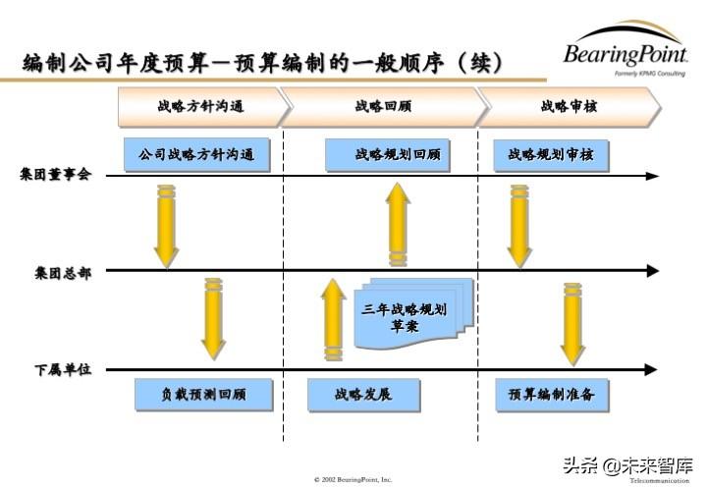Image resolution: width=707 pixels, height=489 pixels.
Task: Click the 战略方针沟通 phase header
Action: [x=200, y=106]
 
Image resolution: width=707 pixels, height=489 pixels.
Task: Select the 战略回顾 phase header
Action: [x=384, y=106]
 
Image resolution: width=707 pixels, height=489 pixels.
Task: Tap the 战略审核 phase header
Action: [x=569, y=106]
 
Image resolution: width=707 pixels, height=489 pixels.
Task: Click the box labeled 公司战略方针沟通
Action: [x=197, y=155]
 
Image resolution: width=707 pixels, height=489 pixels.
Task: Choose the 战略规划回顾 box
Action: [x=398, y=155]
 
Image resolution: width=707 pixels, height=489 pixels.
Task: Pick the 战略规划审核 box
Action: [x=551, y=155]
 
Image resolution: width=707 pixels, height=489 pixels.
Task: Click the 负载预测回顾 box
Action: [x=203, y=395]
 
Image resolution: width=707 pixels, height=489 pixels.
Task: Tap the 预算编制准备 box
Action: [x=552, y=395]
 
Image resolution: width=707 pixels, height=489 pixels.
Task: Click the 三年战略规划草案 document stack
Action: [x=405, y=317]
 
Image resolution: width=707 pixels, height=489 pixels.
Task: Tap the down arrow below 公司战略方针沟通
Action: [x=166, y=226]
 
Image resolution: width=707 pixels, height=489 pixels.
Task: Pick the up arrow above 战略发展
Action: [x=334, y=319]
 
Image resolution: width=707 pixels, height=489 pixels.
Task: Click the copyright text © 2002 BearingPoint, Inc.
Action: [x=353, y=479]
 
